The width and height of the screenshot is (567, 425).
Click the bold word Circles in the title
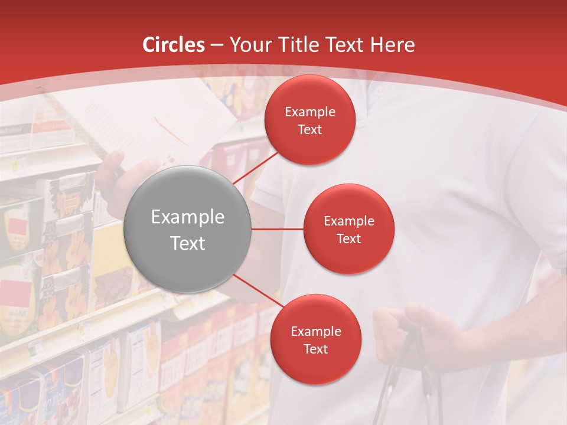tap(174, 45)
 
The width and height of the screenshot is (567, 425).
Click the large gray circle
tap(187, 229)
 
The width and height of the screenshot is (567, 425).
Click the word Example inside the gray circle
tap(187, 217)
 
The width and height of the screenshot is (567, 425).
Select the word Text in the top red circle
tap(309, 129)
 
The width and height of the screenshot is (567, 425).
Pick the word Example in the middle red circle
tap(348, 221)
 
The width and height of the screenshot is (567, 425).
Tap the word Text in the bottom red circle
tap(315, 349)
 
